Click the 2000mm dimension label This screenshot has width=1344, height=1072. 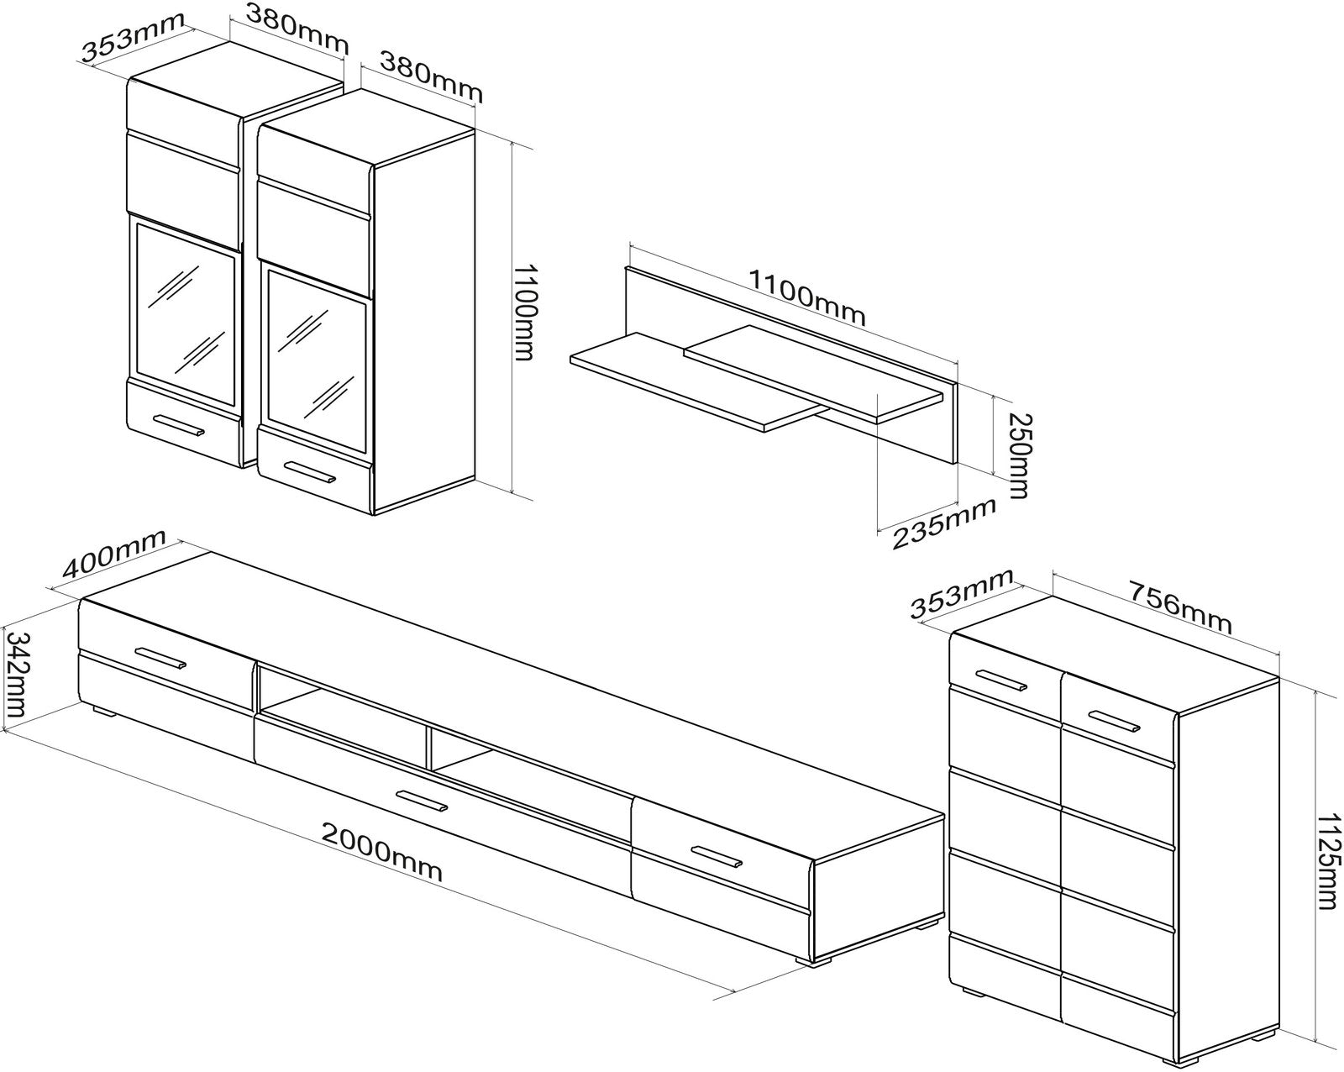pos(381,852)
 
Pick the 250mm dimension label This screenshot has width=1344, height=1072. pos(1019,455)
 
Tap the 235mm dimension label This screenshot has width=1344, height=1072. pos(944,523)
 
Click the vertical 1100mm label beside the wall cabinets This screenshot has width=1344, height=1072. pos(524,312)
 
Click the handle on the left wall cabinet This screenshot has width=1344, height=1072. pos(179,425)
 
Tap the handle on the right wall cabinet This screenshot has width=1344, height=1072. pos(311,472)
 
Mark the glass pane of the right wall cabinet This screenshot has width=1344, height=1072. pos(318,361)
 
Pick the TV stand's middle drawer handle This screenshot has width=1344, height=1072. pos(423,801)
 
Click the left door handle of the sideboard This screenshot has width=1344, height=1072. pos(1001,681)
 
